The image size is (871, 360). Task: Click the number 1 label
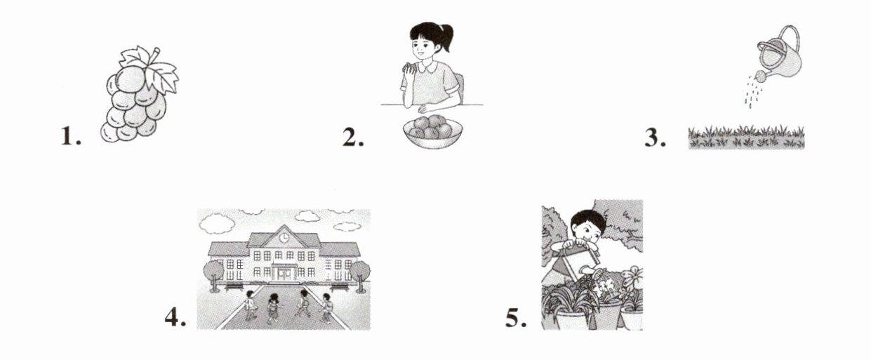point(71,137)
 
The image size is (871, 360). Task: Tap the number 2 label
point(353,137)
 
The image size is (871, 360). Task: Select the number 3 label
point(656,138)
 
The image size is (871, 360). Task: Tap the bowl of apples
point(433,131)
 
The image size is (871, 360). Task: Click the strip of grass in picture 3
point(746,138)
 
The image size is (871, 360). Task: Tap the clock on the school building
point(284,237)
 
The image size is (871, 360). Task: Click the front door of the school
point(284,273)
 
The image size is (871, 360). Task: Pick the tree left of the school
point(214,275)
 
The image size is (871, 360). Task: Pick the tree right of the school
point(360,275)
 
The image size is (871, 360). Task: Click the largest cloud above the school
point(217,224)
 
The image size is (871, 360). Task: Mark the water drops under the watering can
point(753,92)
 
